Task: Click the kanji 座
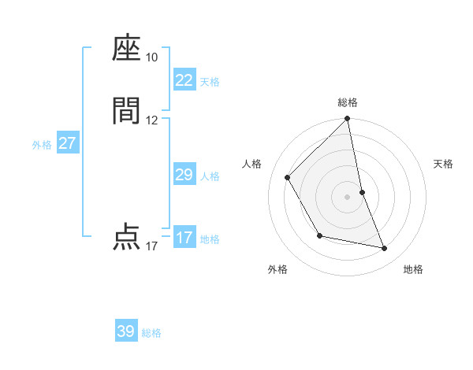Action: pyautogui.click(x=126, y=49)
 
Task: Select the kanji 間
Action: pyautogui.click(x=126, y=111)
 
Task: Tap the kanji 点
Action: pyautogui.click(x=126, y=237)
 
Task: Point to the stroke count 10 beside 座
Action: pyautogui.click(x=151, y=57)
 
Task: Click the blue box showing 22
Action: pyautogui.click(x=184, y=80)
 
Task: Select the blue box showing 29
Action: pyautogui.click(x=184, y=175)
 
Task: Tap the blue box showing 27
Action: pyautogui.click(x=67, y=143)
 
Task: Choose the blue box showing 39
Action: pyautogui.click(x=126, y=331)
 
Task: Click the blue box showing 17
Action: pyautogui.click(x=184, y=238)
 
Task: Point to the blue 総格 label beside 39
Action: pyautogui.click(x=151, y=333)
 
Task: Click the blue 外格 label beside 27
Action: pyautogui.click(x=42, y=145)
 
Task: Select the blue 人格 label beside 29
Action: pyautogui.click(x=210, y=176)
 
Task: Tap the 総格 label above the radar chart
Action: pyautogui.click(x=348, y=102)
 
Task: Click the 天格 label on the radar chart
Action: pyautogui.click(x=443, y=164)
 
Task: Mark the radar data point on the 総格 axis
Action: pyautogui.click(x=348, y=120)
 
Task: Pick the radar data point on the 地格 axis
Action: pyautogui.click(x=385, y=249)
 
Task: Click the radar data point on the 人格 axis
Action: pyautogui.click(x=287, y=177)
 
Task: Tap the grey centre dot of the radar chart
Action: pyautogui.click(x=348, y=197)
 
